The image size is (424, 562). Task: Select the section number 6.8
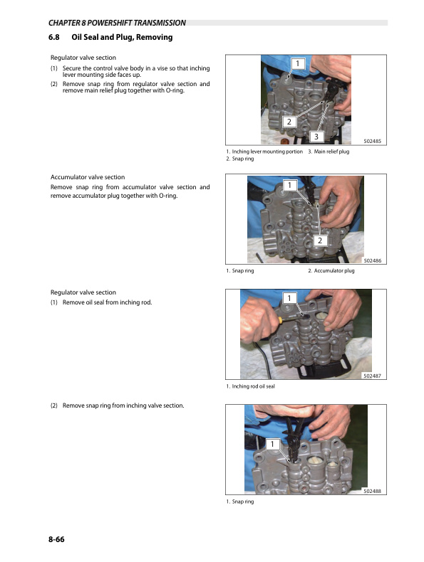coord(54,37)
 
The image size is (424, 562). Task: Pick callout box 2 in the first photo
coord(289,122)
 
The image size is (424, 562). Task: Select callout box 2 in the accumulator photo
coord(320,240)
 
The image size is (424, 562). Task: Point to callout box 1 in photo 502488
coord(272,445)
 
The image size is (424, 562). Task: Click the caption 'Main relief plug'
coord(331,152)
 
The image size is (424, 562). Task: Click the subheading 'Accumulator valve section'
coord(87,177)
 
